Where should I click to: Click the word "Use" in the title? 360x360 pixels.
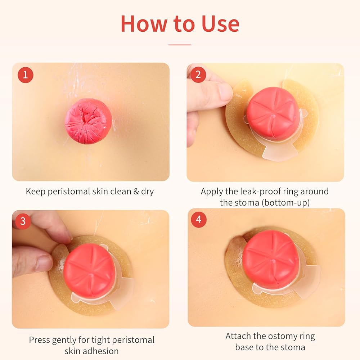pyautogui.click(x=220, y=23)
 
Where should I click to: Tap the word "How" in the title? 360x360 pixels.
pyautogui.click(x=144, y=23)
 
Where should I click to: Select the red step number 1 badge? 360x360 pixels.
pyautogui.click(x=26, y=75)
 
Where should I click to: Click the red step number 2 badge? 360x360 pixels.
pyautogui.click(x=198, y=75)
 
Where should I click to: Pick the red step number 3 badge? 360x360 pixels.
pyautogui.click(x=23, y=221)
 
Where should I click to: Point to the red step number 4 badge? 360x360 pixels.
pyautogui.click(x=199, y=220)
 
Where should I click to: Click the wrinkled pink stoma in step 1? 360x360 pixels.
pyautogui.click(x=89, y=121)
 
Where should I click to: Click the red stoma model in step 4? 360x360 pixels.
pyautogui.click(x=271, y=257)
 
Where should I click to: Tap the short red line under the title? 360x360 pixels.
pyautogui.click(x=180, y=45)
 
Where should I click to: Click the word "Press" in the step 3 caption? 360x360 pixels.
pyautogui.click(x=39, y=340)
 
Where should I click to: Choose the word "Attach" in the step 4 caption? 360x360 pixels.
pyautogui.click(x=238, y=336)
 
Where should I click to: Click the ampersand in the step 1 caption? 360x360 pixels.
pyautogui.click(x=136, y=192)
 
